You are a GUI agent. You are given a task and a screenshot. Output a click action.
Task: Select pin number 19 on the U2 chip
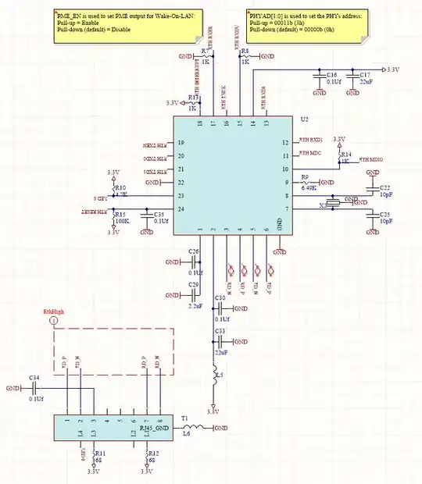pyautogui.click(x=181, y=144)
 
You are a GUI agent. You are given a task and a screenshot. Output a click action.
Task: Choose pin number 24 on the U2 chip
pyautogui.click(x=181, y=209)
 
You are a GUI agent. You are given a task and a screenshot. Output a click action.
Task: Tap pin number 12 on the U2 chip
pyautogui.click(x=285, y=142)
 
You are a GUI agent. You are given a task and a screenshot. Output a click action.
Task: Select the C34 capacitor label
pyautogui.click(x=34, y=377)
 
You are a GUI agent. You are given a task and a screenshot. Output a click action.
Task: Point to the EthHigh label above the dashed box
pyautogui.click(x=53, y=311)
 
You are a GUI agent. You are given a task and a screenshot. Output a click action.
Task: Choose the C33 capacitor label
pyautogui.click(x=220, y=332)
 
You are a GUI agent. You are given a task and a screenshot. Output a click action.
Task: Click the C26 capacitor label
pyautogui.click(x=195, y=251)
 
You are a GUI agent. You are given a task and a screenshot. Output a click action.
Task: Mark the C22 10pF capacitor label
pyautogui.click(x=385, y=188)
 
